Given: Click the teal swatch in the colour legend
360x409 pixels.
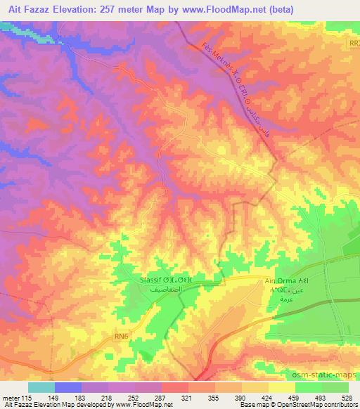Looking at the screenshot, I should click(41, 387).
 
